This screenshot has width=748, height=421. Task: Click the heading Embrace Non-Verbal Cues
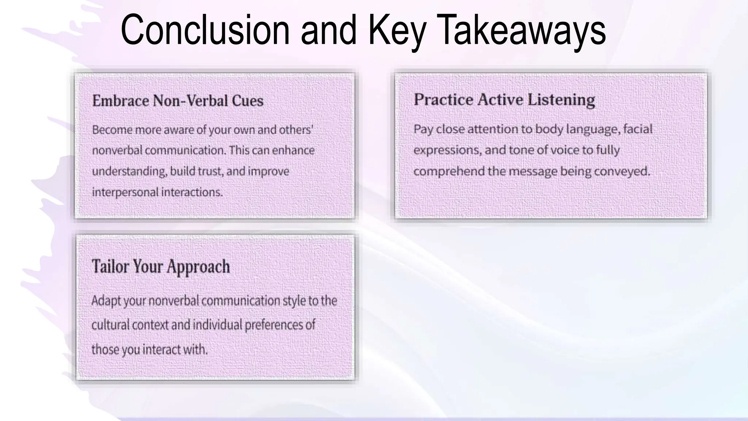click(178, 100)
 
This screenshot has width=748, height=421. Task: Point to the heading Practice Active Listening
click(504, 99)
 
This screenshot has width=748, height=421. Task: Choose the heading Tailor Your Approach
click(161, 266)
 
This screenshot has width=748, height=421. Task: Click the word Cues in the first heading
click(247, 100)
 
